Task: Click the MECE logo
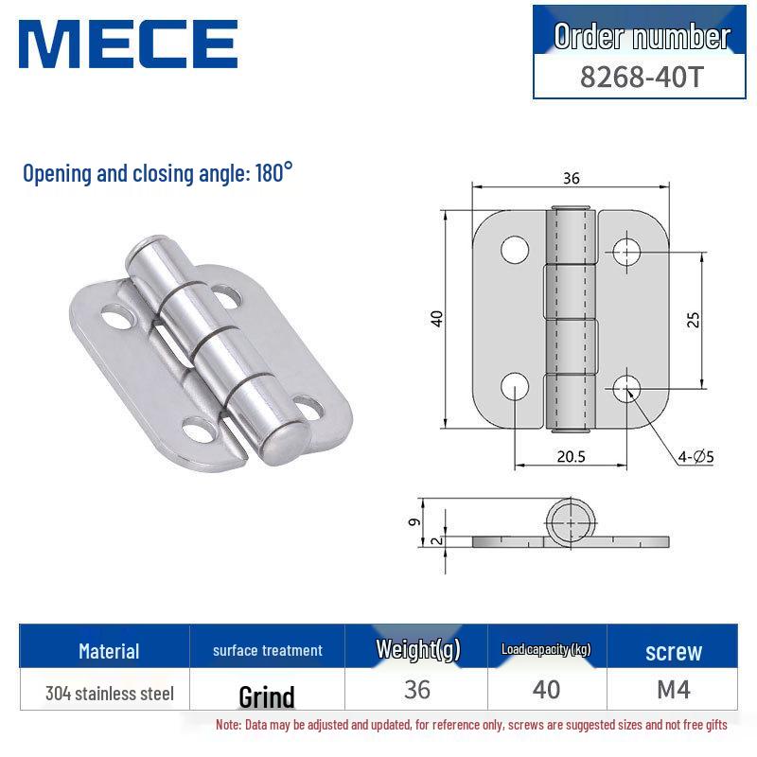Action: pos(128,44)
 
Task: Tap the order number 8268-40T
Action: pos(642,76)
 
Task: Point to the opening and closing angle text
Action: pos(158,174)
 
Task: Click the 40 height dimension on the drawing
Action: pos(436,318)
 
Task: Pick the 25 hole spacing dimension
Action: pos(693,319)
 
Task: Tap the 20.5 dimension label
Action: pos(571,456)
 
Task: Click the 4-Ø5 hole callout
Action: pos(695,458)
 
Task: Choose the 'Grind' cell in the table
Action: pos(266,697)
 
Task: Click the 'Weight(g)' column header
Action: pos(416,649)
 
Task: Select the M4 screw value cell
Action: pos(673,690)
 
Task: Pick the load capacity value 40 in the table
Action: pos(546,690)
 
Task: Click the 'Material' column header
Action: pos(109,651)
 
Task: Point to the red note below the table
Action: pos(471,725)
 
